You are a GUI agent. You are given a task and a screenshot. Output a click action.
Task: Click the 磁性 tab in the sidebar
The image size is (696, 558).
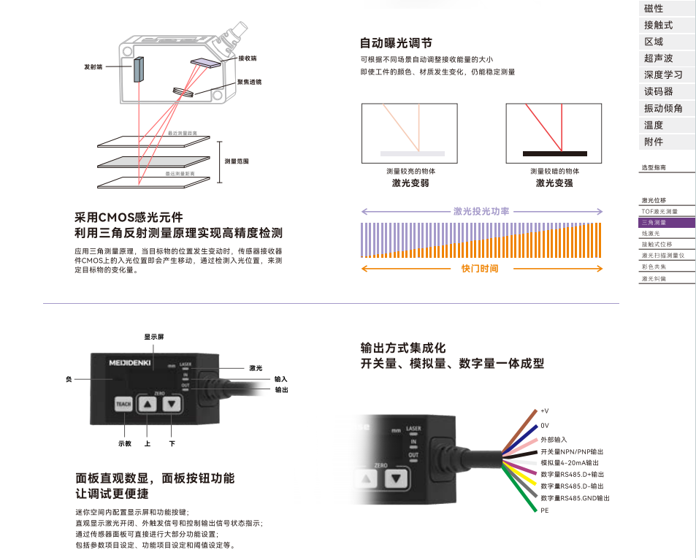pos(654,9)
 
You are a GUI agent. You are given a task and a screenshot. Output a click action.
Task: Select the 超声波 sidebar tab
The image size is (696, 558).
pos(658,58)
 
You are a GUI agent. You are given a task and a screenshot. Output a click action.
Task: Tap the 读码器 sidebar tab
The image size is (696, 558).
pos(658,92)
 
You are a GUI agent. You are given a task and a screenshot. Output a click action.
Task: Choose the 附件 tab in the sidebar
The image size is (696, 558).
pos(654,142)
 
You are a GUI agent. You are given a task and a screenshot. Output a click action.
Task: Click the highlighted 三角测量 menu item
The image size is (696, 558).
pos(654,222)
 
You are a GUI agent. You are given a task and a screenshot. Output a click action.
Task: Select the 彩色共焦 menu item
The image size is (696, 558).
pos(654,267)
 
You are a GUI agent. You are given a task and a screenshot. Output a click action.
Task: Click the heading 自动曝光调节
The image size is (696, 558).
pos(396,43)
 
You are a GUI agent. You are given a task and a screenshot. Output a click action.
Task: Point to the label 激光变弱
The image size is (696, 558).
pos(410,183)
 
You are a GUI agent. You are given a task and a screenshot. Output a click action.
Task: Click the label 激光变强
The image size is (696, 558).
pos(554,183)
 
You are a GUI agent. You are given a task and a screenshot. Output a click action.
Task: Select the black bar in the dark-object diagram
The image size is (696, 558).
pos(554,153)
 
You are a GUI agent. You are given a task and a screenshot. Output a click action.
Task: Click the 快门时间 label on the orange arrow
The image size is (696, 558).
pos(480,269)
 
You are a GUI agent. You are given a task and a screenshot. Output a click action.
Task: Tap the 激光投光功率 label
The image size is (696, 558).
pos(481,211)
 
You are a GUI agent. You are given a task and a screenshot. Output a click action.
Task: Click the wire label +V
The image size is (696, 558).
pos(544,411)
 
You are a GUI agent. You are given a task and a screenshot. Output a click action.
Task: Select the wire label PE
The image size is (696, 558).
pos(544,511)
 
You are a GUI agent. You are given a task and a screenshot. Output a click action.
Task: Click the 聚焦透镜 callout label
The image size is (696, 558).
pos(249,83)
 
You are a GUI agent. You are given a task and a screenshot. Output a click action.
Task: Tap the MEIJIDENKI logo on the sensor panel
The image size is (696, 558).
pos(128,362)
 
